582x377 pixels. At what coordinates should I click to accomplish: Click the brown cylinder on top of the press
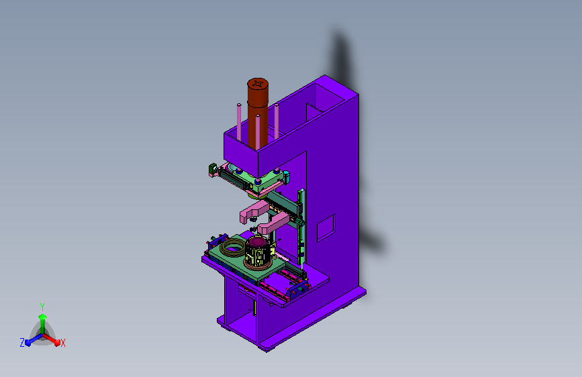click(258, 113)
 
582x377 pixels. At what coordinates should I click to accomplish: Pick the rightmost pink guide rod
click(277, 121)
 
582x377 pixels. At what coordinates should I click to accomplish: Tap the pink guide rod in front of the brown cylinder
click(258, 131)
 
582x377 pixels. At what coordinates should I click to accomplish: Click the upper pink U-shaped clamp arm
click(254, 211)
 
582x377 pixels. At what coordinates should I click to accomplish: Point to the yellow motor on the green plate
click(260, 252)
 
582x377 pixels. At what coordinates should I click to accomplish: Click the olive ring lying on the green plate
click(233, 248)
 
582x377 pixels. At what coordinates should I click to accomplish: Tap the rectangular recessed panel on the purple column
click(326, 227)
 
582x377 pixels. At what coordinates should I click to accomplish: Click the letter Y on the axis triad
click(42, 307)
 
